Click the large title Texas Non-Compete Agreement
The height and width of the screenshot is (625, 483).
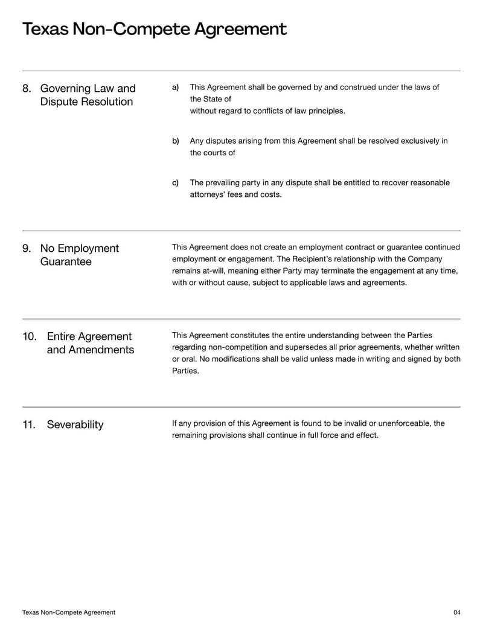click(154, 29)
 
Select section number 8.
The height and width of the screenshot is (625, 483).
click(27, 89)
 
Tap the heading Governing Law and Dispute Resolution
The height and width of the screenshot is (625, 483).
click(88, 95)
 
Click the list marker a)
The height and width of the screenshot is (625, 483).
click(176, 88)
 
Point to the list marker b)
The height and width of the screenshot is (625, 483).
click(176, 141)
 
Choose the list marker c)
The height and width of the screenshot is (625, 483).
click(176, 183)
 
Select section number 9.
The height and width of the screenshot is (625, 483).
click(27, 249)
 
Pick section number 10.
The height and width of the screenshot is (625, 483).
click(30, 337)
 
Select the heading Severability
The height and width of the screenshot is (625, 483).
click(75, 425)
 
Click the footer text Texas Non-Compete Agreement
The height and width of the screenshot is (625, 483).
click(68, 612)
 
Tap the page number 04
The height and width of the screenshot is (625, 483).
click(456, 612)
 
